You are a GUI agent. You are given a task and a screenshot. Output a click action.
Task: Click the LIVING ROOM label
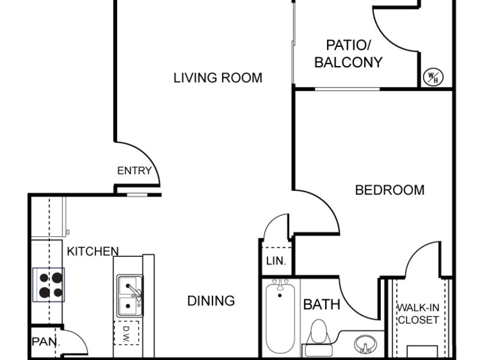218,78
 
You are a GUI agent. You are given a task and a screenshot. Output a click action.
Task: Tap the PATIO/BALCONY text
349,54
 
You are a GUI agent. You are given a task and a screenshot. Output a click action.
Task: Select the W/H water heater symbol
433,77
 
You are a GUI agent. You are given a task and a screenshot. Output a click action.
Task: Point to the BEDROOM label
389,190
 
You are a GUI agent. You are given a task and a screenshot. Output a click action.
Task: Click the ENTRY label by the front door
134,170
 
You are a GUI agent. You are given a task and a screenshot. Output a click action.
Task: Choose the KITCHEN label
93,251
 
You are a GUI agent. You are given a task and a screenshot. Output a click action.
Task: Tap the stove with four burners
49,285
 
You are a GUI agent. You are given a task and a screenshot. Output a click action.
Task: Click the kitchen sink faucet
134,291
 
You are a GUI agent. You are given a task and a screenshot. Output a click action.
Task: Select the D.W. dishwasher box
127,333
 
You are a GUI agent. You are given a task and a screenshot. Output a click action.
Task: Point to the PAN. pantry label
46,341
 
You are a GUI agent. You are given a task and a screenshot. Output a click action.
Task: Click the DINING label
211,301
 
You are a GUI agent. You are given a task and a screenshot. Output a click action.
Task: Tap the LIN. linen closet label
276,261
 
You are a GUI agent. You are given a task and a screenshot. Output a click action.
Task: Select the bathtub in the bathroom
280,319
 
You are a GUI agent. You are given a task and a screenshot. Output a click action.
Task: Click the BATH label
322,305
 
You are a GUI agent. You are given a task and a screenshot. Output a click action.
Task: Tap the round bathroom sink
365,344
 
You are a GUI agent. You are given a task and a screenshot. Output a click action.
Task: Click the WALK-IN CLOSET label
418,314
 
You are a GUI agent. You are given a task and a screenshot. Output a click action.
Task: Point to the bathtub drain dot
280,295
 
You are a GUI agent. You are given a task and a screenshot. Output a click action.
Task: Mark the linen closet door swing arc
274,221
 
